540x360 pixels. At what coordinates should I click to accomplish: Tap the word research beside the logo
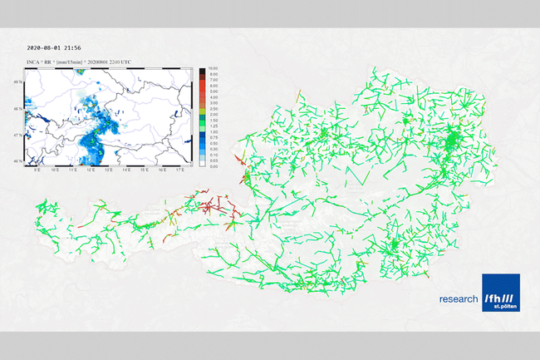(459, 298)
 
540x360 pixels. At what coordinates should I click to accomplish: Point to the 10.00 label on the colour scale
(214, 68)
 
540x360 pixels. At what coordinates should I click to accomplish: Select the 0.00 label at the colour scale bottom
(214, 166)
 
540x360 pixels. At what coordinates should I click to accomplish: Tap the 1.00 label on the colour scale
(214, 131)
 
